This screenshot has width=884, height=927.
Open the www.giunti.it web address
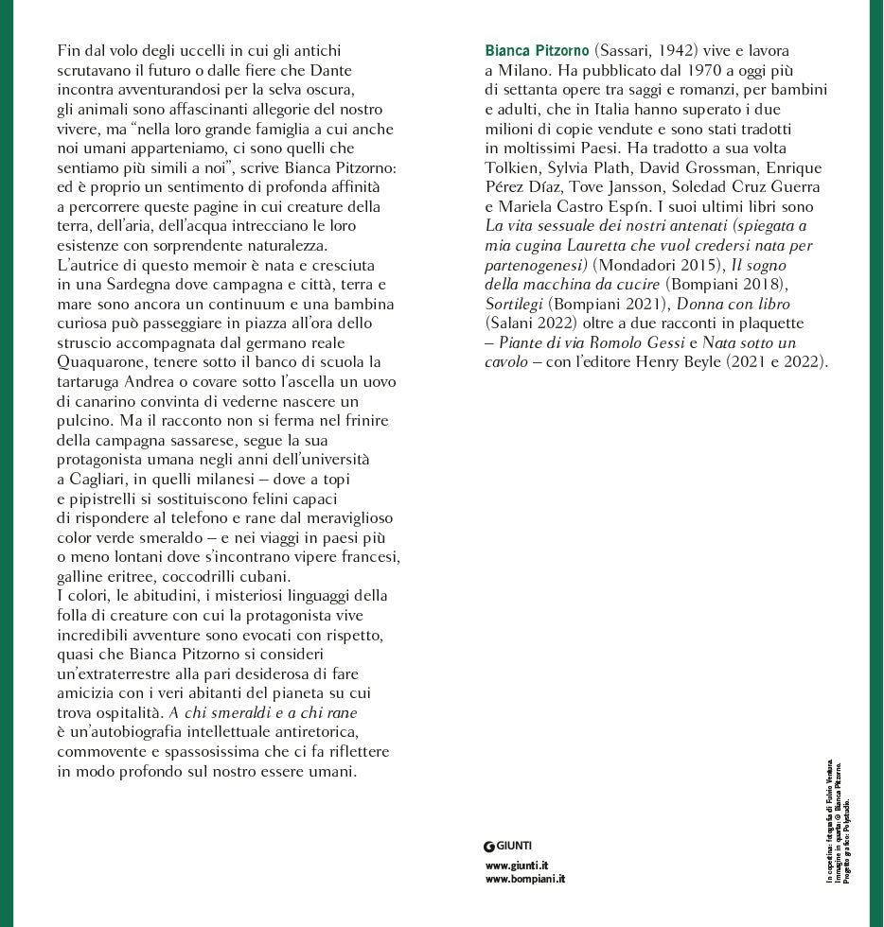(x=517, y=865)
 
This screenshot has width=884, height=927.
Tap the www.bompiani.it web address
(x=524, y=879)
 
